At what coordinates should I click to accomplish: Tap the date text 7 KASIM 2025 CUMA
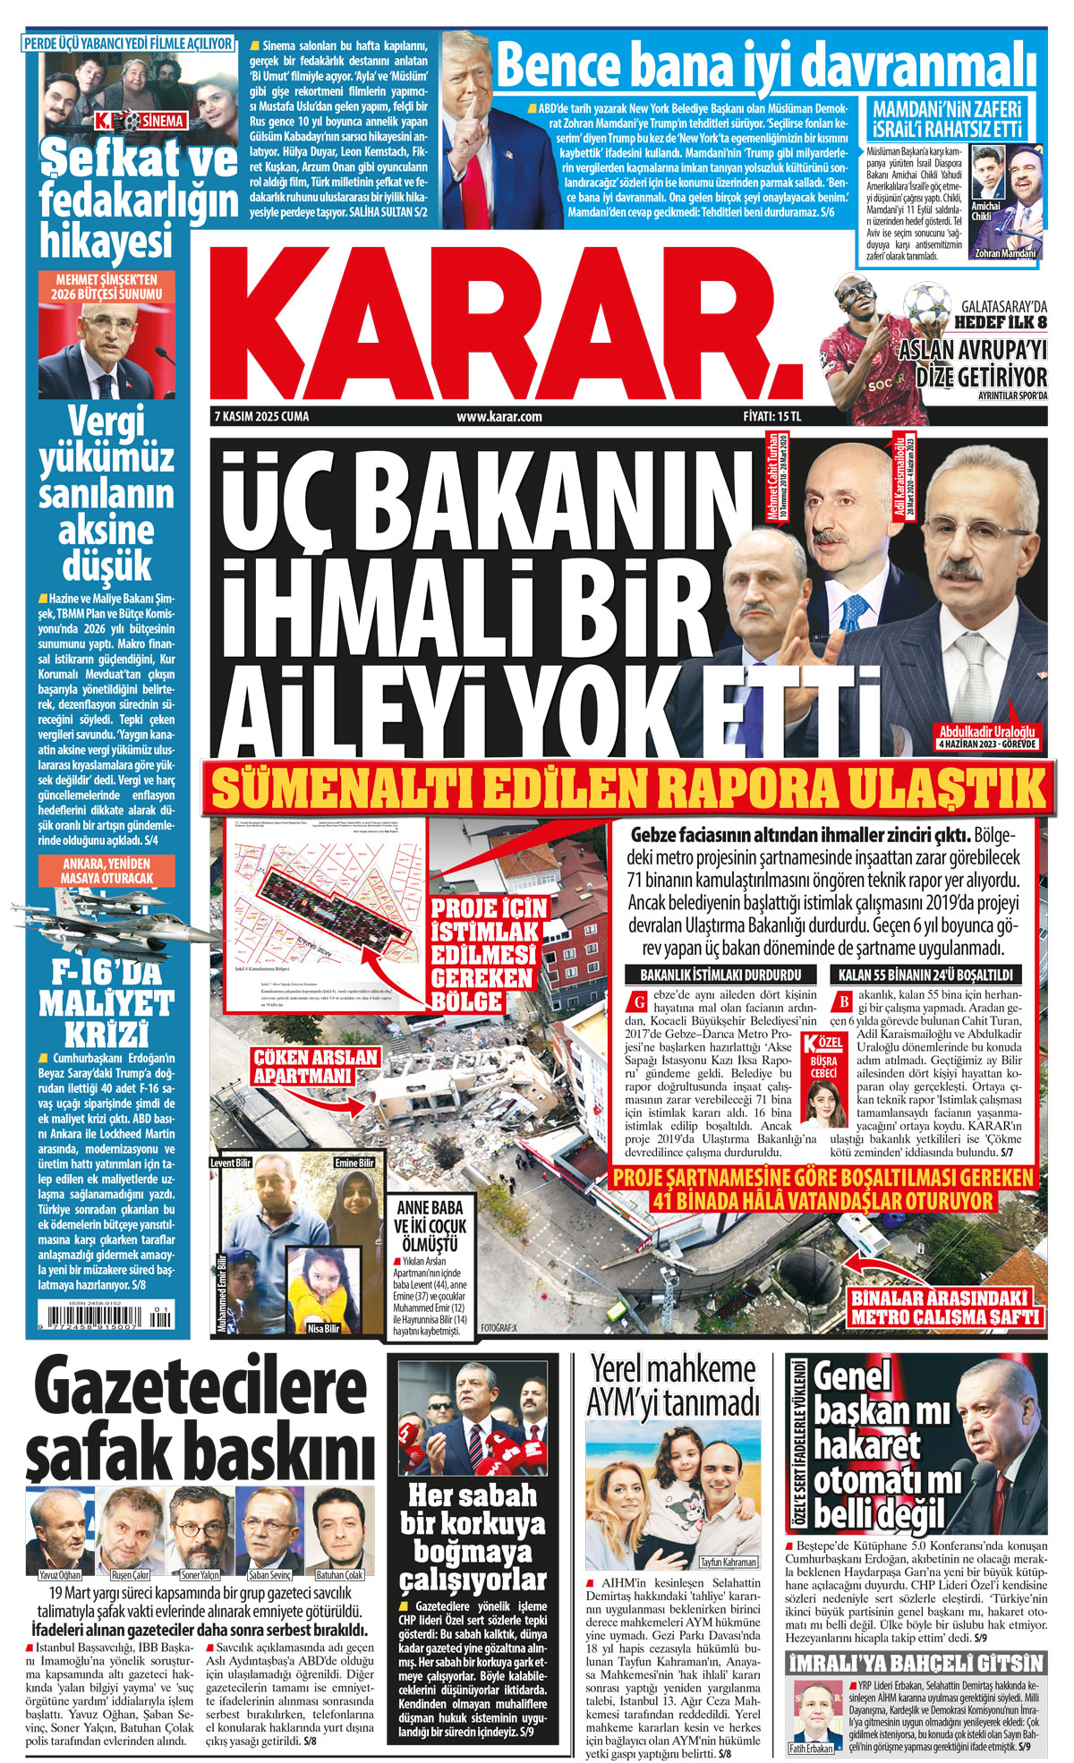tap(261, 417)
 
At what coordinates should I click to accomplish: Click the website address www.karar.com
tap(499, 417)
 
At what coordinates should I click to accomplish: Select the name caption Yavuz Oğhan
tap(60, 1574)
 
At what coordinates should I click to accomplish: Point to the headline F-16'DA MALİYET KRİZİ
tap(107, 1002)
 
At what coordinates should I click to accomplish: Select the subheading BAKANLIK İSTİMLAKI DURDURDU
tap(720, 975)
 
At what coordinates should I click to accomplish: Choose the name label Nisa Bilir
tap(324, 1328)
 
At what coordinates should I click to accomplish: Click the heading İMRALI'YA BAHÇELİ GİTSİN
tap(916, 1663)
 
